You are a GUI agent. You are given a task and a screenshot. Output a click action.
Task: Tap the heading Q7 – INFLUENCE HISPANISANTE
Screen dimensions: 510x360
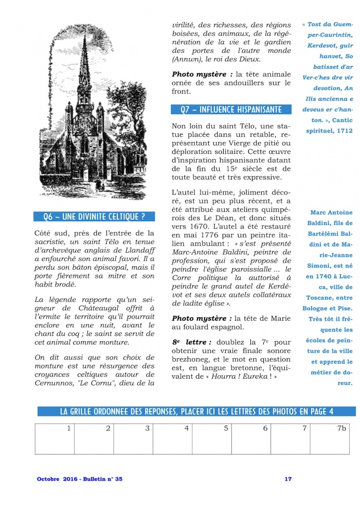tap(231, 109)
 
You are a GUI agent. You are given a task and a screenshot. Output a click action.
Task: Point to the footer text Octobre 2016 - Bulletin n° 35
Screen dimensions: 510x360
tap(80, 479)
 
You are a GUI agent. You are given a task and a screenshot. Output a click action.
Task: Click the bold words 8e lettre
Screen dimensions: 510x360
tap(191, 342)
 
